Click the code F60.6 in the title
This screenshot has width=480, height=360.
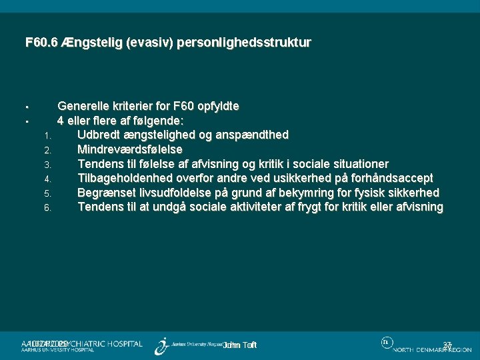point(40,43)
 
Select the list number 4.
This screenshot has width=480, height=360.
point(47,179)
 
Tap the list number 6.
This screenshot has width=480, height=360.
point(47,208)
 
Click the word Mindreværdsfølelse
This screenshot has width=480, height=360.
point(130,149)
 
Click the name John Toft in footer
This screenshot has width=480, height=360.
point(240,345)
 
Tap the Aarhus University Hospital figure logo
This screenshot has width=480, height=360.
point(161,345)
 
